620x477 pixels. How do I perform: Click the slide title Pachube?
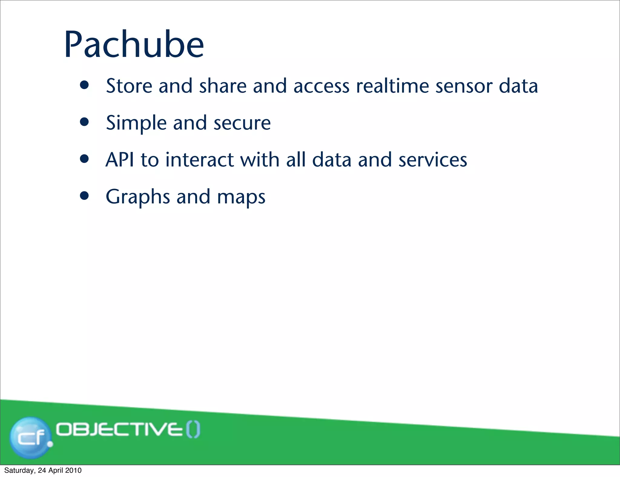coord(134,45)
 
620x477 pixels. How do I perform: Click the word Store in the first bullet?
coord(129,86)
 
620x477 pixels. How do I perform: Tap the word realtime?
coord(392,86)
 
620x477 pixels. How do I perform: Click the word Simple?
coord(136,123)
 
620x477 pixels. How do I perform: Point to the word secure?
coord(242,123)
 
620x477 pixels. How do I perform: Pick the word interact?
coord(200,160)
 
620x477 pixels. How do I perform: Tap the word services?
coord(433,160)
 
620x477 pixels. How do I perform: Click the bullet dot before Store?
coord(84,85)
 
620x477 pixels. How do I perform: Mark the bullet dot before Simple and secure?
coord(84,122)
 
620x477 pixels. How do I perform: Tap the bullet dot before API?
coord(84,159)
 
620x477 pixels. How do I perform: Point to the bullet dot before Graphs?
coord(84,196)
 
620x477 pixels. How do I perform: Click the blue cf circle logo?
coord(30,437)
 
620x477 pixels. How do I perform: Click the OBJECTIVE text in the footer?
coord(120,430)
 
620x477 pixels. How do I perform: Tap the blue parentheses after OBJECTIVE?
coord(193,430)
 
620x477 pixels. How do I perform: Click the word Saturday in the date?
coord(19,470)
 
